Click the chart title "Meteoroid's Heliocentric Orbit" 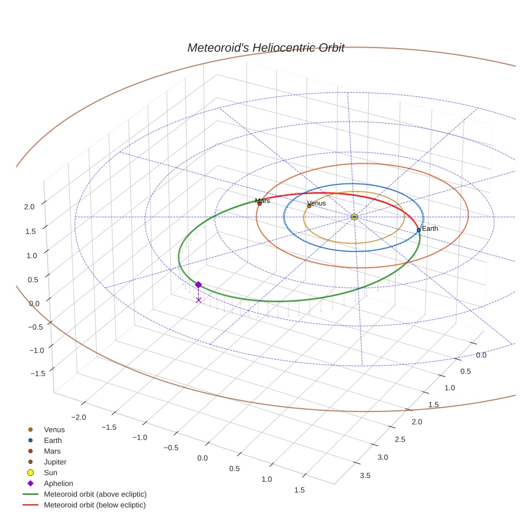[265, 48]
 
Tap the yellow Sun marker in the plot [354, 217]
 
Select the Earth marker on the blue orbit [418, 230]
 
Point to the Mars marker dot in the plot [260, 204]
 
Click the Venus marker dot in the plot [309, 206]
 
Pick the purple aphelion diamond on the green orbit [198, 285]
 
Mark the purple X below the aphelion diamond [198, 300]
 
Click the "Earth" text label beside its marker [430, 229]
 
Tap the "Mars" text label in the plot [262, 201]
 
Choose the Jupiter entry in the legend [55, 462]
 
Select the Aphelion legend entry [58, 483]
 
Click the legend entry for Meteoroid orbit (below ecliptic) [95, 505]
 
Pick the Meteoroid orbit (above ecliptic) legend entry [95, 494]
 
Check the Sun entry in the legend [51, 473]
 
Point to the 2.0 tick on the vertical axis [29, 207]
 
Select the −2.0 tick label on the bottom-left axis [79, 417]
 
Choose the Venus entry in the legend [54, 430]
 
